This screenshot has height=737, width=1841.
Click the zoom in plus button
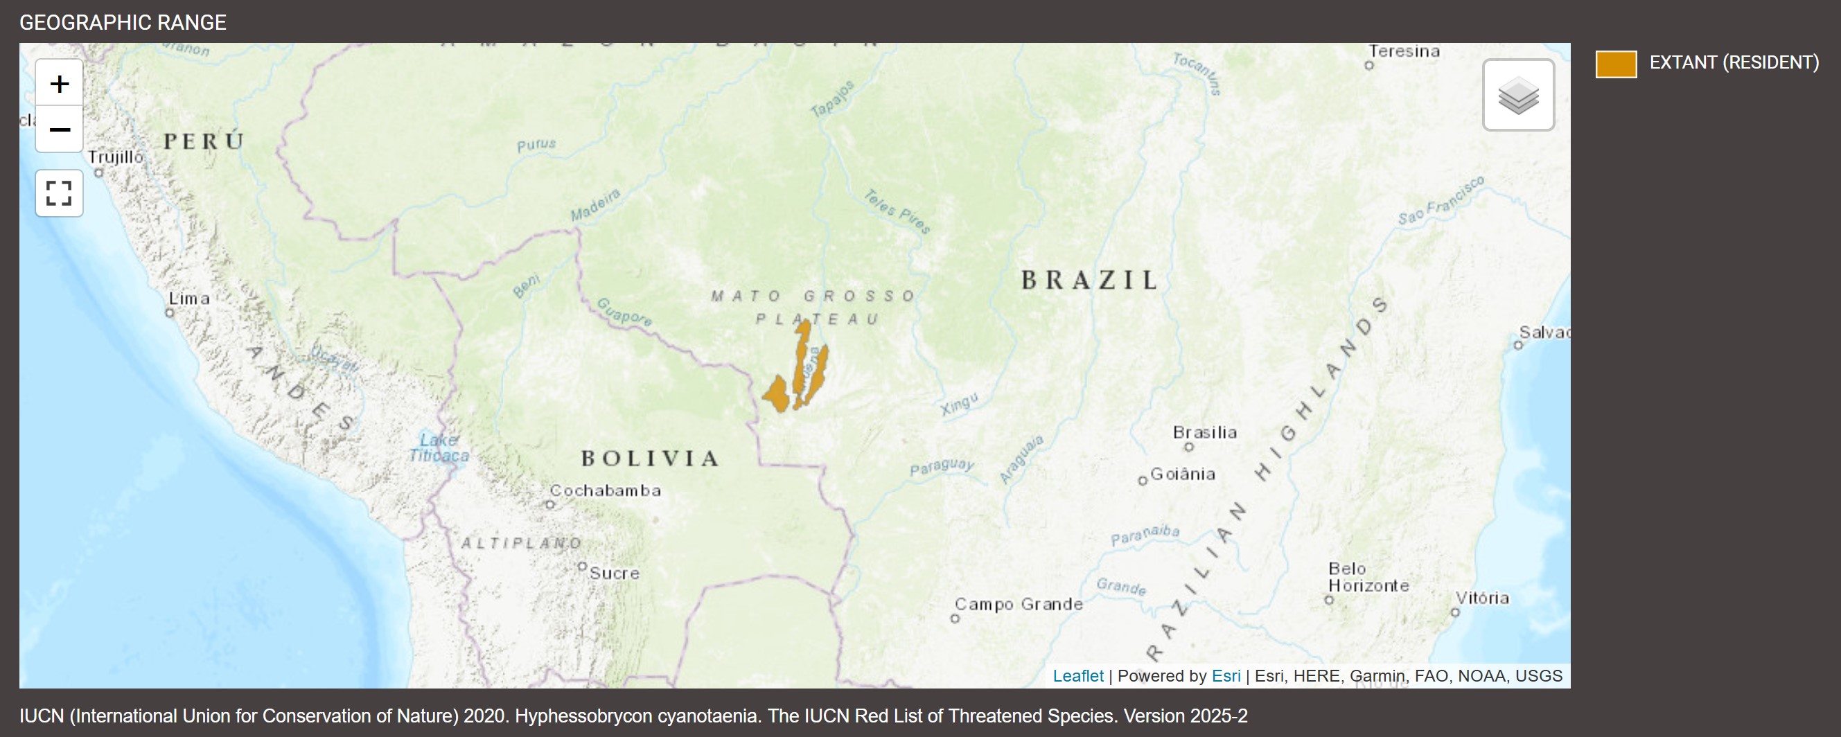click(60, 85)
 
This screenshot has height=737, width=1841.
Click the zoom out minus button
click(60, 130)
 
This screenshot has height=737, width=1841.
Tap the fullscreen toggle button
click(60, 193)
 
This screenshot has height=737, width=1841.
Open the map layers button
click(1518, 96)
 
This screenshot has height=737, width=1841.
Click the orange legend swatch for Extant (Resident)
click(1616, 64)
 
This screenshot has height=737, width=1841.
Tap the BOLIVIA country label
click(650, 459)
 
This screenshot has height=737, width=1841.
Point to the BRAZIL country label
click(1089, 280)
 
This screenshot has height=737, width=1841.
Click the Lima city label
click(189, 299)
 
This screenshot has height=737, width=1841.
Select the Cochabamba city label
click(606, 490)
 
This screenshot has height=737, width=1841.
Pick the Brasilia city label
click(1204, 433)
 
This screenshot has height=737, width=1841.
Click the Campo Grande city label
click(1019, 604)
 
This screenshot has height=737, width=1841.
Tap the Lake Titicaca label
click(439, 447)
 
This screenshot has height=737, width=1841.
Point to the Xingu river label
click(958, 405)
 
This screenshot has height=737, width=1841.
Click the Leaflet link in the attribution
click(1077, 675)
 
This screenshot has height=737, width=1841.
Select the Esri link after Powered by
click(1226, 675)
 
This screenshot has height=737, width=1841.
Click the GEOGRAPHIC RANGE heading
click(123, 23)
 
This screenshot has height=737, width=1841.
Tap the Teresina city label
click(1404, 51)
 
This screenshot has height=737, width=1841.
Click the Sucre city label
click(614, 574)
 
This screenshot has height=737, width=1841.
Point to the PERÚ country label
click(204, 141)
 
